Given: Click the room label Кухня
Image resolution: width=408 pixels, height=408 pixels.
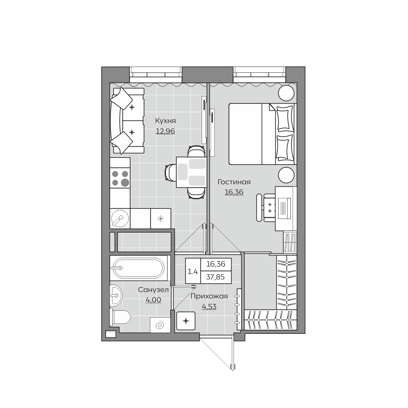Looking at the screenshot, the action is (x=165, y=121).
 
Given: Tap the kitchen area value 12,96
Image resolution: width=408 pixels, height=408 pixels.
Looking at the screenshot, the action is (x=165, y=131).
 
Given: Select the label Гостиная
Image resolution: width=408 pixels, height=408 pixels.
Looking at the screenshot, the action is (x=234, y=182).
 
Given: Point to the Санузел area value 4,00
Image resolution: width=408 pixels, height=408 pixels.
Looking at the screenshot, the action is (x=153, y=300).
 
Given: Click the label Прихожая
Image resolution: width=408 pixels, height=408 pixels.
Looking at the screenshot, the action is (x=209, y=296).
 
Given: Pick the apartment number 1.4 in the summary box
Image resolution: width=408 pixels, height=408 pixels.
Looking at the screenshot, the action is (x=193, y=271).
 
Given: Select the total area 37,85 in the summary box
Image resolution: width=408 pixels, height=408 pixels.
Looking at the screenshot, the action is (x=215, y=277).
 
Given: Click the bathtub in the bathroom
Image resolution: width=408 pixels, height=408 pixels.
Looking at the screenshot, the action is (x=139, y=268).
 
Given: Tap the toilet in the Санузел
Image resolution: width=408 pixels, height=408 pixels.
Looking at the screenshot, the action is (x=120, y=317).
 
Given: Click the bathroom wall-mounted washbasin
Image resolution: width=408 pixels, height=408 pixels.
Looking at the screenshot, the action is (x=116, y=295).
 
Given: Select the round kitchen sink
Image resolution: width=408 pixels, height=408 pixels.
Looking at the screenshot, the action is (x=120, y=218).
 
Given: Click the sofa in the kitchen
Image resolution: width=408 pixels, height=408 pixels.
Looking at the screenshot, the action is (x=127, y=120).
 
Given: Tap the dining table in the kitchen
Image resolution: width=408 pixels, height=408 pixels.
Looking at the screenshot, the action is (x=191, y=172).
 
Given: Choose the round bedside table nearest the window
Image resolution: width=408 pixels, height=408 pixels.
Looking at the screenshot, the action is (x=286, y=93).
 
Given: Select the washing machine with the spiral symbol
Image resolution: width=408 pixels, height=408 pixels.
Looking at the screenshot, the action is (x=160, y=325).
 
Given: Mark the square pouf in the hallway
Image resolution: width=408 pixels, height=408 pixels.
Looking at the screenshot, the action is (x=186, y=321).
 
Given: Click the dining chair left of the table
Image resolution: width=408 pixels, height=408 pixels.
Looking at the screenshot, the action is (x=171, y=173).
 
